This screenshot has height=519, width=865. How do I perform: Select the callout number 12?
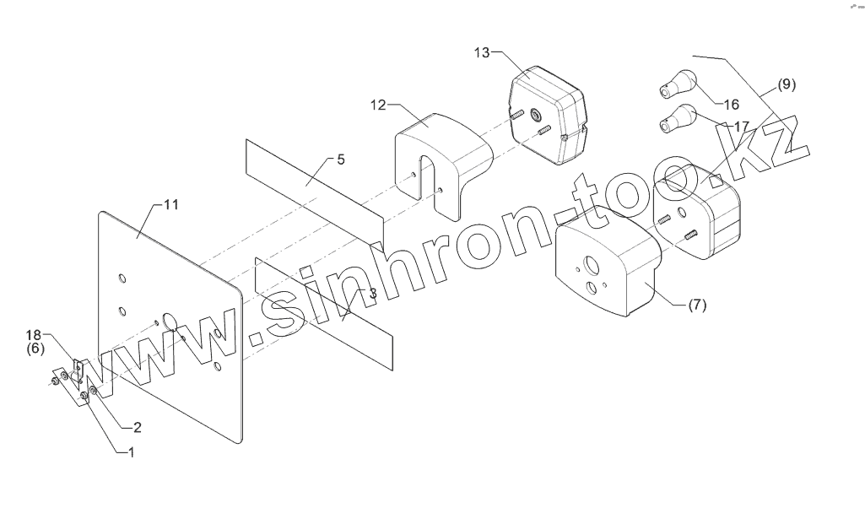(378, 105)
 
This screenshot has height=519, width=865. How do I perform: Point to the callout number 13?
(482, 53)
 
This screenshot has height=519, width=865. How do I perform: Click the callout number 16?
(731, 105)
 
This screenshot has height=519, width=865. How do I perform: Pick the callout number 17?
(742, 126)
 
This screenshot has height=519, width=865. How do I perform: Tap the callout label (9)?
(786, 84)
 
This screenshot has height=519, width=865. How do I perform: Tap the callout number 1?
(131, 453)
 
